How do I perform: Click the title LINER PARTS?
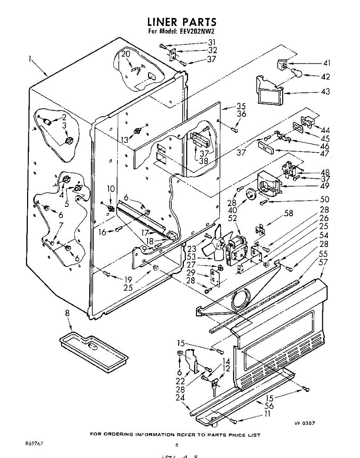[182, 22]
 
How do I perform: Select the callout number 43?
[325, 92]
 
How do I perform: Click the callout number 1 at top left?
[29, 59]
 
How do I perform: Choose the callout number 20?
[126, 54]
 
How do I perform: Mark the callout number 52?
[232, 218]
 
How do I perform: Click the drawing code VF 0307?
[304, 423]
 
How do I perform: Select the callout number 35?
[241, 106]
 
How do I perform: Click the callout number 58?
[289, 213]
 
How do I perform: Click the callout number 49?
[325, 186]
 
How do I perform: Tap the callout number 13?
[124, 140]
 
